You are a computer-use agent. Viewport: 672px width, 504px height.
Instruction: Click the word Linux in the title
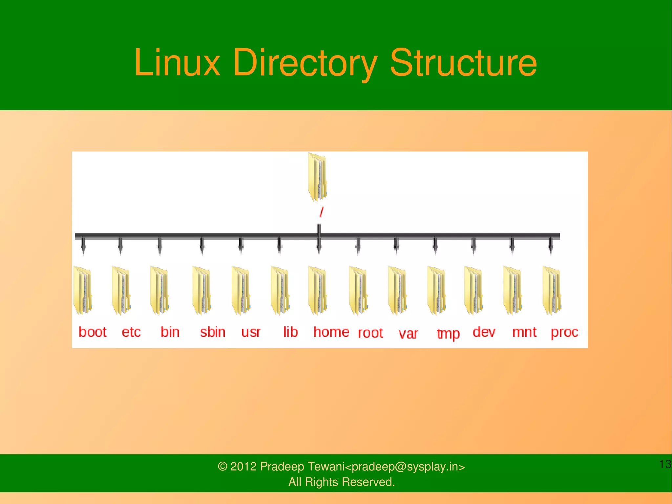pos(177,62)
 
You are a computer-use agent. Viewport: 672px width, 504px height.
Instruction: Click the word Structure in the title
pos(463,62)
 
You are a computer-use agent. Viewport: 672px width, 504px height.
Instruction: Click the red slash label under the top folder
pos(322,212)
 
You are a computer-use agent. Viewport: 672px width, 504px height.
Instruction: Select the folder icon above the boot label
pos(82,290)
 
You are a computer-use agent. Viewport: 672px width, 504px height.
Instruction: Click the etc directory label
pos(131,332)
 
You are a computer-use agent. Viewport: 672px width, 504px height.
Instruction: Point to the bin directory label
pos(170,332)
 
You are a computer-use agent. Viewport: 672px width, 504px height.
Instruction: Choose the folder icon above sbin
pos(201,290)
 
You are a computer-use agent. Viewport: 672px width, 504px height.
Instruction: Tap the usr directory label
pos(251,332)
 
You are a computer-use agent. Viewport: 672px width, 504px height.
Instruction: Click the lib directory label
pos(290,332)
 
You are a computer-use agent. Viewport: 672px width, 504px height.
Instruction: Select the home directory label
pos(331,332)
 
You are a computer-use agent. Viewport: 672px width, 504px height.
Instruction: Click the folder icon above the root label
pos(358,290)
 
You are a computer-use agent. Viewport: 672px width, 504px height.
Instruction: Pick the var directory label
pos(408,334)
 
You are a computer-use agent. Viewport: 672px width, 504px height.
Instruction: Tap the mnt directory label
pos(524,332)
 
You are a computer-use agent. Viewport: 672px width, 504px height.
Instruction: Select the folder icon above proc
pos(552,290)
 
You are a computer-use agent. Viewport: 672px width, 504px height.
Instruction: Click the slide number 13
pos(665,464)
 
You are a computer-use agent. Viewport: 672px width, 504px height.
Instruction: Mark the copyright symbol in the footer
pos(222,467)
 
